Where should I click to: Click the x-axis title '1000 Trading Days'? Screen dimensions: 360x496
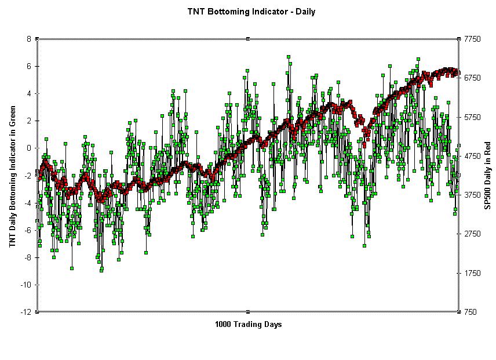point(248,324)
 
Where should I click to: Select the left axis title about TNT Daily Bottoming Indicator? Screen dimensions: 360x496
point(12,176)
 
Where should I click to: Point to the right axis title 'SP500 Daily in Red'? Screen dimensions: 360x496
point(487,174)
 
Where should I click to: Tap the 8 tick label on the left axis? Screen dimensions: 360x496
point(28,39)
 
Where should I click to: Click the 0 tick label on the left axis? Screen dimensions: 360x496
point(28,148)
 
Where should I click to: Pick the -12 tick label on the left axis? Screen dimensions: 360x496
point(25,312)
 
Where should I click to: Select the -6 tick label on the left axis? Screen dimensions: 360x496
point(27,230)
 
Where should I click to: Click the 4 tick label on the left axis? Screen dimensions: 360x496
point(28,93)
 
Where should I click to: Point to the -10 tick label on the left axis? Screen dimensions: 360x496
point(25,285)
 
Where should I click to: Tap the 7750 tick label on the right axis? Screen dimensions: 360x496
point(473,39)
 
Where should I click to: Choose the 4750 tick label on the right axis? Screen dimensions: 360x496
point(473,156)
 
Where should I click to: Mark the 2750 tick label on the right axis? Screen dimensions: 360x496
point(473,234)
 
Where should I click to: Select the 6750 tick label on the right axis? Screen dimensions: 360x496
point(473,78)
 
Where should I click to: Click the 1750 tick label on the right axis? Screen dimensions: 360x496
point(473,273)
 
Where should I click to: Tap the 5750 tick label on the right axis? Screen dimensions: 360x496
point(473,117)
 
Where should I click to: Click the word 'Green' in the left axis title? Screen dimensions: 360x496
point(12,115)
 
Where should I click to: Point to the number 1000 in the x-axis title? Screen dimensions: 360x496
point(224,324)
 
